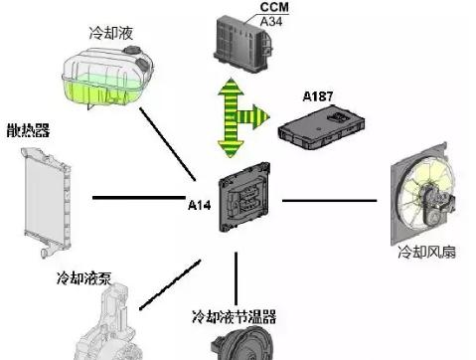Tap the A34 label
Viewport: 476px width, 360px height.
point(243,19)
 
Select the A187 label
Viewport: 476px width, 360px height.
point(319,97)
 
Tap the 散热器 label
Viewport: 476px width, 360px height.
point(28,130)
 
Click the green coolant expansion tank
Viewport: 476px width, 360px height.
point(105,74)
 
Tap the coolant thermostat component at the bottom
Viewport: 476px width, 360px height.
point(238,344)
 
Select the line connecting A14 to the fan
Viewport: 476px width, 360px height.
point(329,200)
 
